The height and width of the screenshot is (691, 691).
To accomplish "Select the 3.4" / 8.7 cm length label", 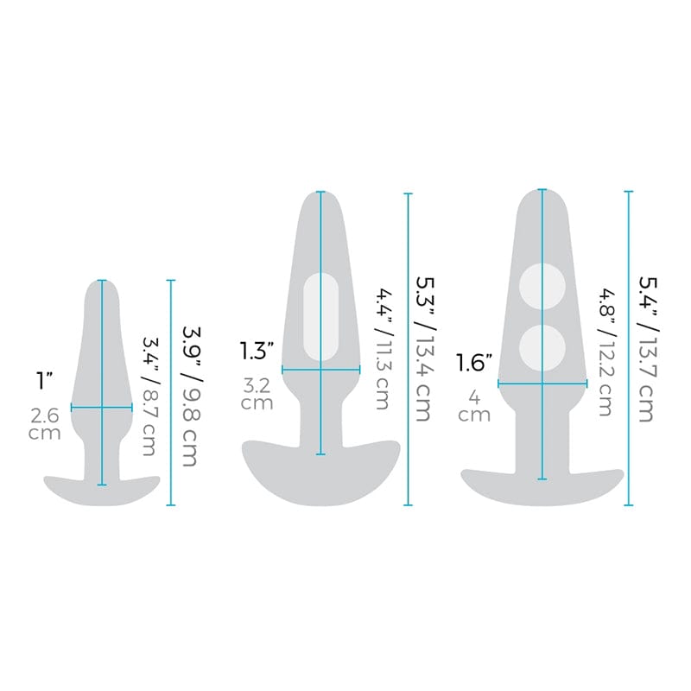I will tap(149, 397).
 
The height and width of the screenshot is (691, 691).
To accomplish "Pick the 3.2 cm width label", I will tap(258, 394).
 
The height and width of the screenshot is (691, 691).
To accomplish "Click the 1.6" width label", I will tap(476, 364).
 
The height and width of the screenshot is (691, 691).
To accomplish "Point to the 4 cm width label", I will tap(475, 407).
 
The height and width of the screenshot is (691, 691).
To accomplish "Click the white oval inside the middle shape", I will tap(321, 316).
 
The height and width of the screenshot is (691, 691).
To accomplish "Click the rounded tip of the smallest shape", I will tap(104, 287).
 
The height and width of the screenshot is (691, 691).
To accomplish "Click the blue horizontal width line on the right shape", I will tap(542, 384).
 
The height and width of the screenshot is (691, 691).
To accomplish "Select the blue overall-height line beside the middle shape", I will tap(408, 349).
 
